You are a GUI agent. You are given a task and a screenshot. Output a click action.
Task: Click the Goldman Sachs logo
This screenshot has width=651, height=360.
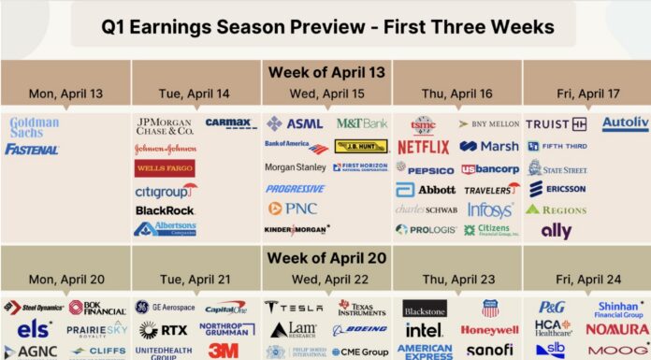34,127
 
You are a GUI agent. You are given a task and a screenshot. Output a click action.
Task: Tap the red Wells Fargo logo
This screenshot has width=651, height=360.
166,168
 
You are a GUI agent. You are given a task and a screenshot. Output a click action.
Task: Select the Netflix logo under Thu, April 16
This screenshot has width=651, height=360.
423,147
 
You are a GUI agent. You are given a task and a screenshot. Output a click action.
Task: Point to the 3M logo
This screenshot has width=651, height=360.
223,350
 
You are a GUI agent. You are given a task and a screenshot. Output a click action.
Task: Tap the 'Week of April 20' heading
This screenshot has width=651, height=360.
325,257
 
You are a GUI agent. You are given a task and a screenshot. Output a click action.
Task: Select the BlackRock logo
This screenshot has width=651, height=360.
165,210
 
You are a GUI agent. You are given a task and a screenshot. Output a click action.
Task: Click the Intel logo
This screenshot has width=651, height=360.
424,330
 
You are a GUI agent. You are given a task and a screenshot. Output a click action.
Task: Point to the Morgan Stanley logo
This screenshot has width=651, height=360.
295,167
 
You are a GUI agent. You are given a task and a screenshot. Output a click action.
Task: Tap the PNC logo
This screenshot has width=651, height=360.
294,209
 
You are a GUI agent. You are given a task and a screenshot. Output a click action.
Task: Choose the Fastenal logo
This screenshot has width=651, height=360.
32,149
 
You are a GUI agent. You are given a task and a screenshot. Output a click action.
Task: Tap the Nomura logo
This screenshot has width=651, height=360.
616,330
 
